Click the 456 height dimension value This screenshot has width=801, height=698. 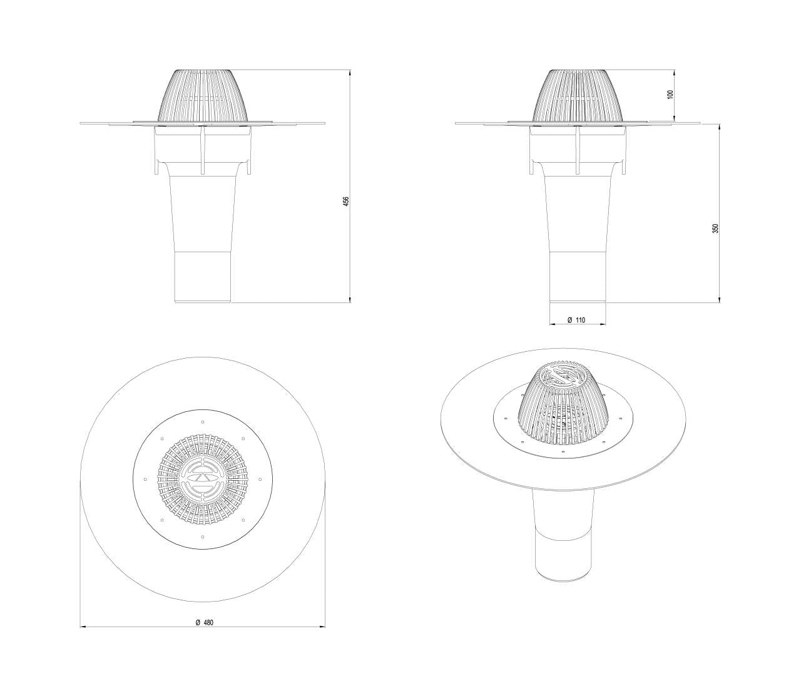(345, 201)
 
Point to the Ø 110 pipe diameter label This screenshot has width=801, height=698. (576, 320)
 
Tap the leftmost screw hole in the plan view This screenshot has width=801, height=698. (145, 479)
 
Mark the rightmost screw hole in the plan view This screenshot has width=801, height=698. (260, 479)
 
